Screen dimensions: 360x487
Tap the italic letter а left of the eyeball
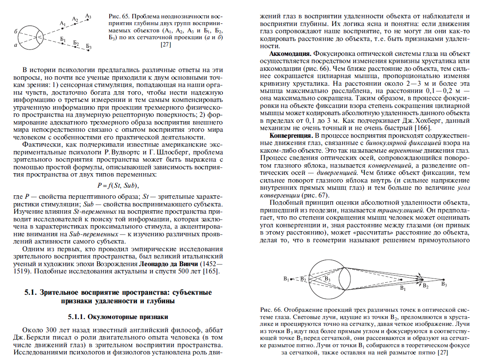coord(15,45)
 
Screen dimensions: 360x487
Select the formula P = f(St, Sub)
coord(118,186)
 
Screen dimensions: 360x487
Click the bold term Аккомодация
coord(290,55)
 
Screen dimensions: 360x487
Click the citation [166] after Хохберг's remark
coord(417,128)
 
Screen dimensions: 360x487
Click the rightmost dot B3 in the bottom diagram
coord(443,280)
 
